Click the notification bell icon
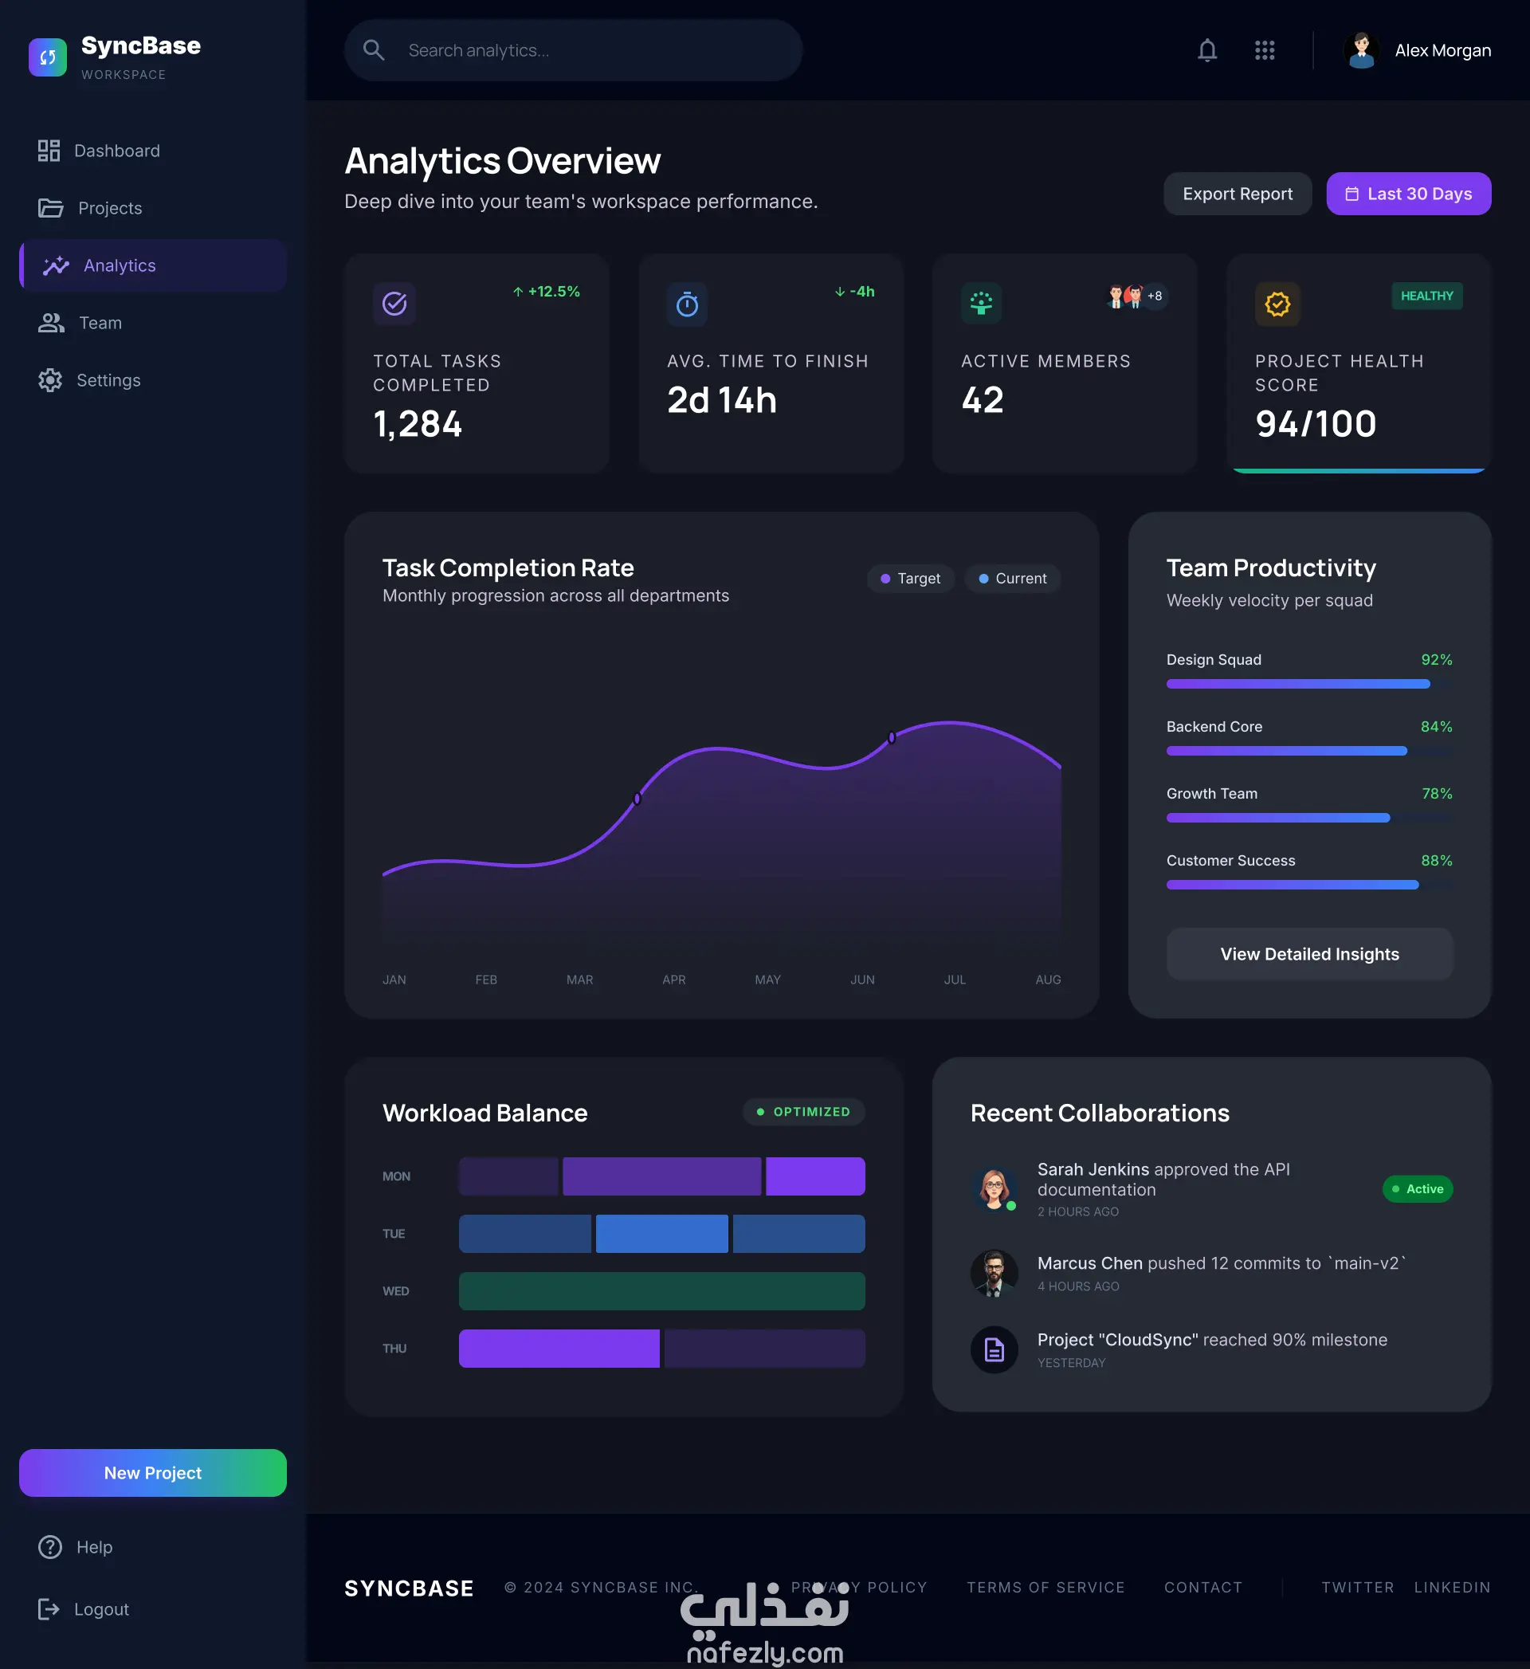click(1207, 50)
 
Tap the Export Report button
click(1237, 194)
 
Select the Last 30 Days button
click(1408, 194)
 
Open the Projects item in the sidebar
click(89, 208)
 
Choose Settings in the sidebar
click(89, 380)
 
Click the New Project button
click(153, 1473)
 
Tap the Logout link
click(84, 1608)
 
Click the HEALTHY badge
click(1426, 296)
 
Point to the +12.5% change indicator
click(547, 292)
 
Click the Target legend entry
click(911, 579)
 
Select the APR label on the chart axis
click(674, 980)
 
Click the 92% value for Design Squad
click(1437, 660)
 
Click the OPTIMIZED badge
click(804, 1112)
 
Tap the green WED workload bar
click(661, 1290)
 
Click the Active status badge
click(1418, 1189)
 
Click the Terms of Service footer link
click(1045, 1587)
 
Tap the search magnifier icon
click(375, 50)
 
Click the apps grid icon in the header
click(1264, 50)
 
